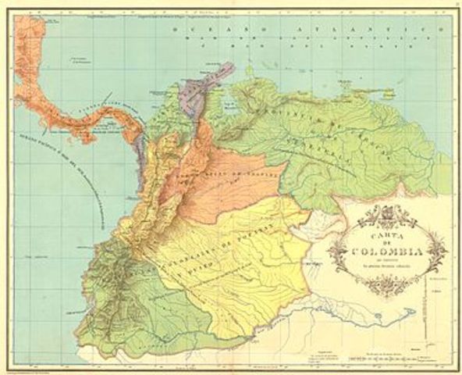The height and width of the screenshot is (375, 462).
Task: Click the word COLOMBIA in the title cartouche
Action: pos(388,252)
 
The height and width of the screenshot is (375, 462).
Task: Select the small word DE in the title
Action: pos(388,241)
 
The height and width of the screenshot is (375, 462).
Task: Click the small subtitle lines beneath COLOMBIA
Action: pos(388,265)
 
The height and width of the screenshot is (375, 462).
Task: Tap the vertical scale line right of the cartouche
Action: pos(425,312)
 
